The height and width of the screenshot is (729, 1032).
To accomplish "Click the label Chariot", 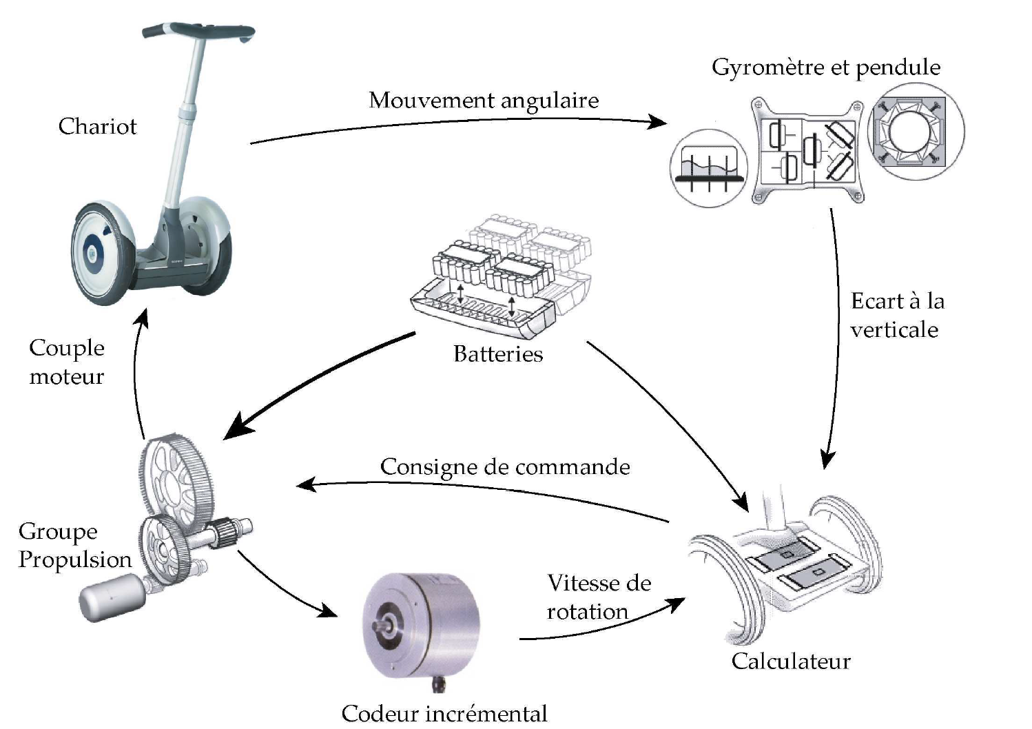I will point(97,126).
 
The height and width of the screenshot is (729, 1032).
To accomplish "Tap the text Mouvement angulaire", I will point(484,101).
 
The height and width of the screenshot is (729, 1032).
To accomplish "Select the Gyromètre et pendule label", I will point(825,67).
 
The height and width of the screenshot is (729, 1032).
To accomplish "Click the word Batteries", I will point(497,354).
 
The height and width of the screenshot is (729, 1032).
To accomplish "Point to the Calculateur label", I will point(790,661).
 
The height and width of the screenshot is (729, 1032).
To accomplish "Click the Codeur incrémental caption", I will point(444,713).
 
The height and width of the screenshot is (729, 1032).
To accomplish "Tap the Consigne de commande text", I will point(505,467).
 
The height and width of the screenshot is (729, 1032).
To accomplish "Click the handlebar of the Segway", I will point(198,31).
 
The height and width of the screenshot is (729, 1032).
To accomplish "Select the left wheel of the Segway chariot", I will point(102,254).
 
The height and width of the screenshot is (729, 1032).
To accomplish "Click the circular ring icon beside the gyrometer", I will point(916,132).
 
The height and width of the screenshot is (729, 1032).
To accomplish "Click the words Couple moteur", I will point(67,362).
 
